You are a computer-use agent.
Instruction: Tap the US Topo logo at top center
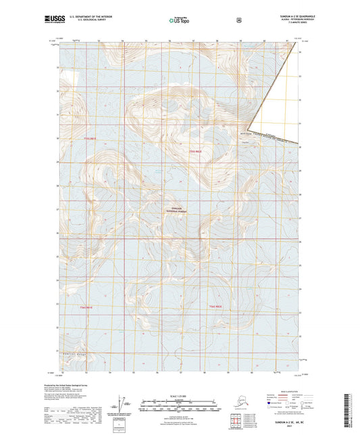click(179, 21)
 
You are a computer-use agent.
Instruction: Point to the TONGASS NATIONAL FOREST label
click(178, 209)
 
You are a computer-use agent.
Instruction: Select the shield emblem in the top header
click(238, 20)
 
